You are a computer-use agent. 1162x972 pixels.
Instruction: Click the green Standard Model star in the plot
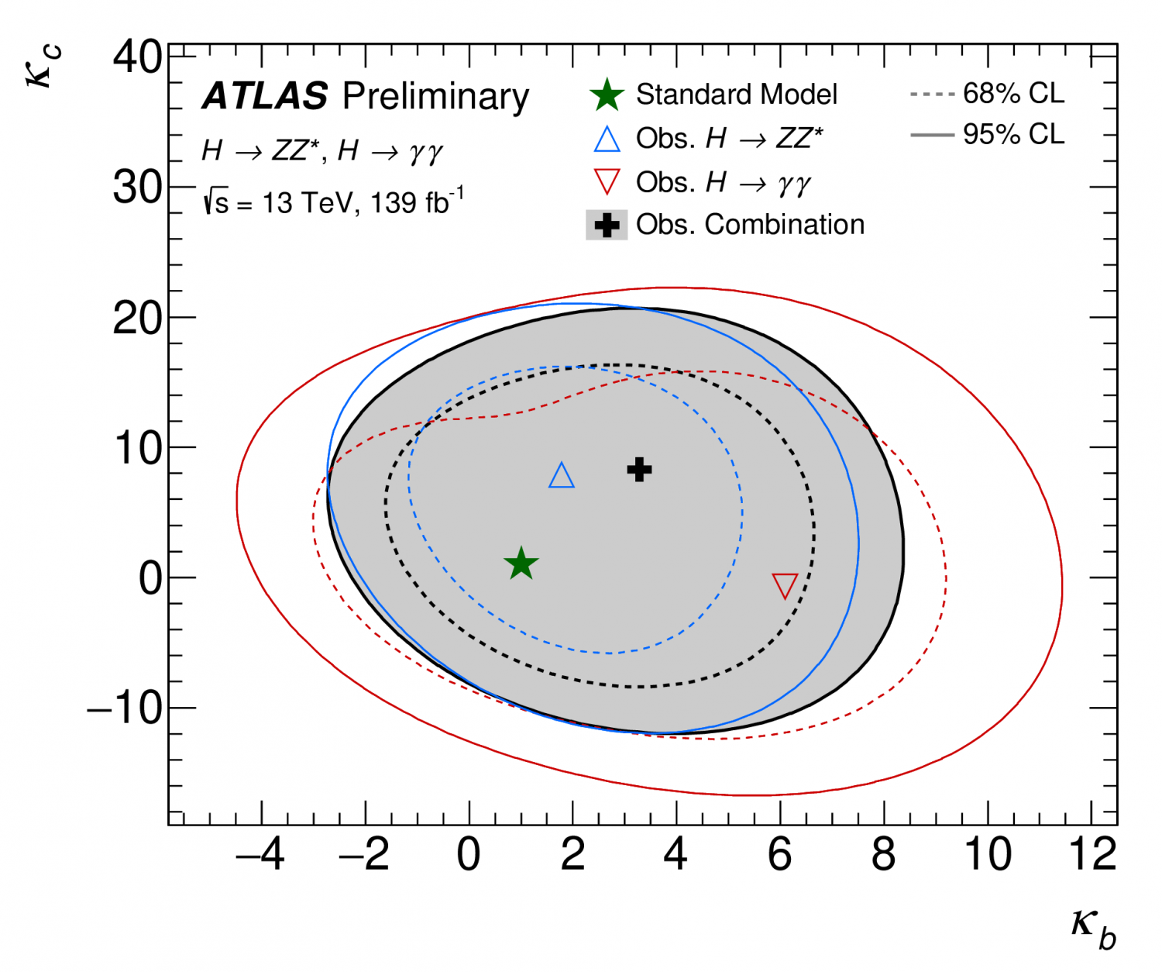pyautogui.click(x=521, y=564)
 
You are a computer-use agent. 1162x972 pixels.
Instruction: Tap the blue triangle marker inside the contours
pyautogui.click(x=562, y=476)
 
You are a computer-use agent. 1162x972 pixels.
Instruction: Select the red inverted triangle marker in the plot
pyautogui.click(x=785, y=585)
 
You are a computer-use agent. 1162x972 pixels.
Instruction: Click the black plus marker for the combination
pyautogui.click(x=639, y=469)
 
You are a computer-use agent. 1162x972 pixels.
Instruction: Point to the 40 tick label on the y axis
pyautogui.click(x=137, y=57)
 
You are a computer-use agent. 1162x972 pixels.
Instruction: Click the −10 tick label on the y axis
pyautogui.click(x=125, y=708)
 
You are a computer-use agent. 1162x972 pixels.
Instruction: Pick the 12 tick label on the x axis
pyautogui.click(x=1092, y=854)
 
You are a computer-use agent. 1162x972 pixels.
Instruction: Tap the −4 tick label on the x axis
pyautogui.click(x=260, y=854)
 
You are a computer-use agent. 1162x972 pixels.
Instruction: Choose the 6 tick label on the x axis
pyautogui.click(x=780, y=854)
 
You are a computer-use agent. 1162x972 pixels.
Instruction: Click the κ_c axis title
pyautogui.click(x=44, y=67)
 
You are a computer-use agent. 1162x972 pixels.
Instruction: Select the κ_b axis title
pyautogui.click(x=1094, y=927)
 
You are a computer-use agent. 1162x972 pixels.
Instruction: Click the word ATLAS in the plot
pyautogui.click(x=265, y=96)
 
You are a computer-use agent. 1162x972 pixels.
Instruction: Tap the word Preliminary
pyautogui.click(x=435, y=96)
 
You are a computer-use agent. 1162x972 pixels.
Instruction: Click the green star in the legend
pyautogui.click(x=607, y=95)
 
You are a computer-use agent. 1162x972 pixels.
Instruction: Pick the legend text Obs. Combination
pyautogui.click(x=750, y=225)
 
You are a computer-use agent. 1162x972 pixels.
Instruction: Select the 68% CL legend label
pyautogui.click(x=1013, y=94)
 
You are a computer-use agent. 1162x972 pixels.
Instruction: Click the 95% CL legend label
pyautogui.click(x=1013, y=134)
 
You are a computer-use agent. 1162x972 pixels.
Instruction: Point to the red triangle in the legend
pyautogui.click(x=607, y=182)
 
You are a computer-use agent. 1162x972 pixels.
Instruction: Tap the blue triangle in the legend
pyautogui.click(x=607, y=139)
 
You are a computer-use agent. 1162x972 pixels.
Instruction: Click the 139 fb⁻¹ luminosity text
pyautogui.click(x=417, y=202)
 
